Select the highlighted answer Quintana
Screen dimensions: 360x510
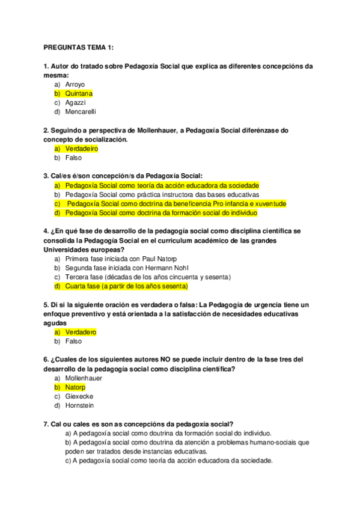click(x=79, y=94)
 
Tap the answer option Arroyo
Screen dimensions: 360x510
click(x=75, y=85)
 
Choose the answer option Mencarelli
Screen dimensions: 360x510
click(x=81, y=112)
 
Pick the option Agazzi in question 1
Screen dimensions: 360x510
click(x=76, y=103)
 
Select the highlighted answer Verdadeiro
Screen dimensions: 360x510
click(x=81, y=149)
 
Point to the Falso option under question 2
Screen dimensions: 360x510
click(x=73, y=158)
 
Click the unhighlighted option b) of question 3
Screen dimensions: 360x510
click(x=162, y=195)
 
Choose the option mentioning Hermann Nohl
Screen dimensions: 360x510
click(x=118, y=268)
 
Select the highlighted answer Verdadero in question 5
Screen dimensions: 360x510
click(x=81, y=332)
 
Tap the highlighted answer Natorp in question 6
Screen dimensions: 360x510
click(x=76, y=387)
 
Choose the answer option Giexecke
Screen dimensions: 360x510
click(x=79, y=396)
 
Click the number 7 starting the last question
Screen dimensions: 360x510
click(x=46, y=424)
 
